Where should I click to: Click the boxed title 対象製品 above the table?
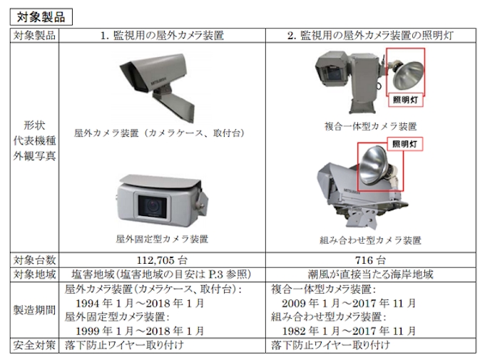pos(41,17)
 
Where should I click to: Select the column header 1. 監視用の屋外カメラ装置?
pos(162,36)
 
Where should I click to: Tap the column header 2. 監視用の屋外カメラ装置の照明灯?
pos(370,36)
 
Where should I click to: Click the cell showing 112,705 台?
pos(162,260)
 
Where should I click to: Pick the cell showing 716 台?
pos(370,260)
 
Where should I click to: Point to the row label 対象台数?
pos(34,260)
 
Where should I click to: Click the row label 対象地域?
pos(34,274)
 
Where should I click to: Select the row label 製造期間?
pos(34,310)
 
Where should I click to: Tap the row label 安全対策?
pos(34,345)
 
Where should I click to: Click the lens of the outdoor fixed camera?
pos(152,205)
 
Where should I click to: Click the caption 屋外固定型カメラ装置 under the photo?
pos(162,239)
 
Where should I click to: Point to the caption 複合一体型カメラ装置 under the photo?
pos(370,126)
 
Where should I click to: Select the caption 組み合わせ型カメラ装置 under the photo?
pos(370,240)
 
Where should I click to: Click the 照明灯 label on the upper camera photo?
pos(406,100)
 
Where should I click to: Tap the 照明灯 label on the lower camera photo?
pos(405,144)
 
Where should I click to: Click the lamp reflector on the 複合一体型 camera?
pos(408,75)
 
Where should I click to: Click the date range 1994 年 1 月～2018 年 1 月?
pos(140,303)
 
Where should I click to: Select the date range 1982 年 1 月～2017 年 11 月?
pos(349,331)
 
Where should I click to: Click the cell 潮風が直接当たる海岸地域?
pos(370,274)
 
